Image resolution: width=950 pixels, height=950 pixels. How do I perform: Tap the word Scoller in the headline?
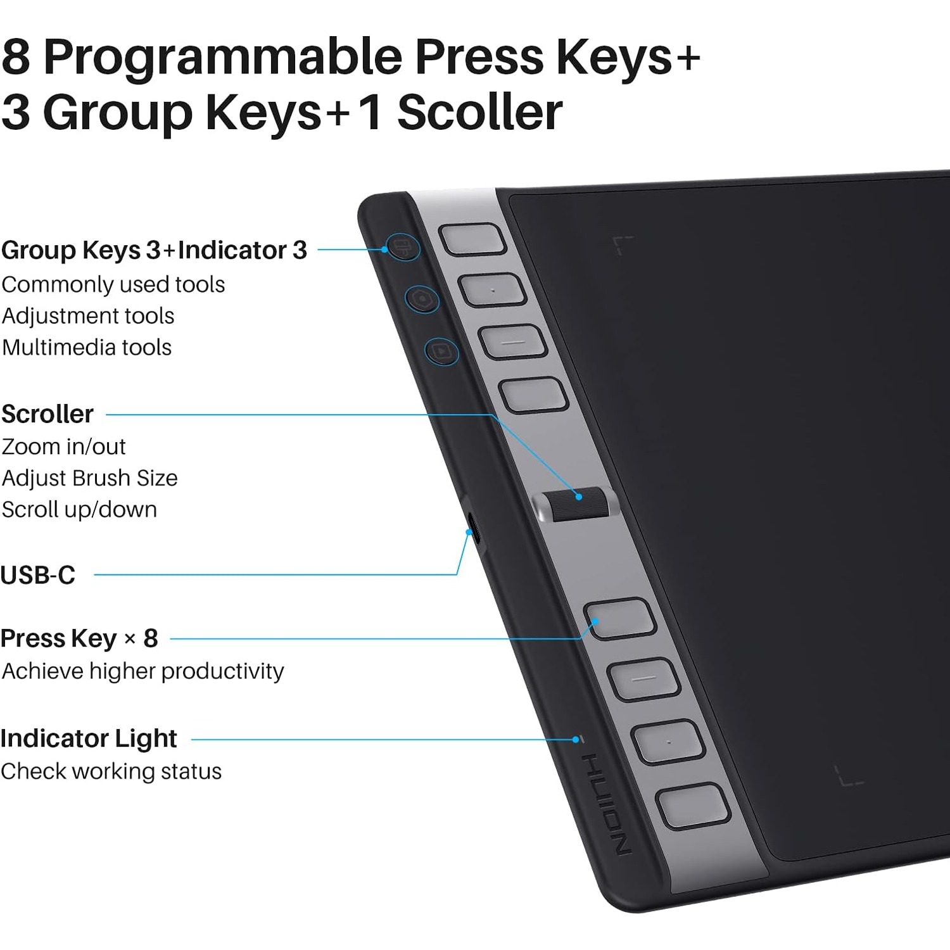[479, 112]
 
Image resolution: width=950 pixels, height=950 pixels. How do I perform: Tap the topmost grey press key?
[472, 240]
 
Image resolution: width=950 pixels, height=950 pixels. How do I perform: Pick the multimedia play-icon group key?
[442, 351]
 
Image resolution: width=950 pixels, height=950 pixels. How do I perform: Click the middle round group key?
[422, 298]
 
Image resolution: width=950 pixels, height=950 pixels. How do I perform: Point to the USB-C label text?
[38, 575]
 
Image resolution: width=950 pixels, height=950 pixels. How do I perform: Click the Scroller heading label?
[47, 414]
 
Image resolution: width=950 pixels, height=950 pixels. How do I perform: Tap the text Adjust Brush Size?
[89, 478]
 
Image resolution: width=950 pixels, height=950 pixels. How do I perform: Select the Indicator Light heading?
[89, 738]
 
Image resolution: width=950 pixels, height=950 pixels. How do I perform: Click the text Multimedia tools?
[87, 347]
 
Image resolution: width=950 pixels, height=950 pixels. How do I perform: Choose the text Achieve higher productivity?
[142, 671]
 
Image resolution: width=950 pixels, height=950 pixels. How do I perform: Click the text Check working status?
[111, 771]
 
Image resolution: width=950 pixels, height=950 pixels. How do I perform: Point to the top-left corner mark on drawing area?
[622, 244]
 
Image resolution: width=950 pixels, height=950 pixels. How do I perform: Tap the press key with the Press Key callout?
[619, 617]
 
